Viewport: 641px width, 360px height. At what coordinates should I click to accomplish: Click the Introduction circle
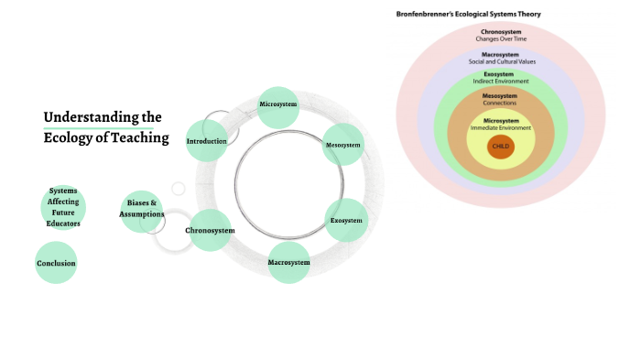206,141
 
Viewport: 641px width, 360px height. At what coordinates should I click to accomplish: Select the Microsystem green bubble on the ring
278,105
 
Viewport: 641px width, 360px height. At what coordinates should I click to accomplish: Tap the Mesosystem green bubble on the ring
343,145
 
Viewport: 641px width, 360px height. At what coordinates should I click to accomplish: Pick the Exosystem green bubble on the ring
347,221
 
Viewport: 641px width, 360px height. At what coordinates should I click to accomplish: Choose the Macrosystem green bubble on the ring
288,263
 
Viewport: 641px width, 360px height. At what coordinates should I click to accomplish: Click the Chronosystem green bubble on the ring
210,230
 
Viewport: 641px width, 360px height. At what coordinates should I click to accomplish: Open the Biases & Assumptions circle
141,210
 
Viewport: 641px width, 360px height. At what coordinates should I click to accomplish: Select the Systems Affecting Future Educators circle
63,207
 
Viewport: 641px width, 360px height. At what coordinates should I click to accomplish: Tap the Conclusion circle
56,263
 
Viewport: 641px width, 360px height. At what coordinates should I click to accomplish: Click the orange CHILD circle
500,146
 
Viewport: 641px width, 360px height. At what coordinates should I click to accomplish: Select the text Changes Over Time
500,38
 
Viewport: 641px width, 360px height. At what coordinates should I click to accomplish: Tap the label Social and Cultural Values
500,61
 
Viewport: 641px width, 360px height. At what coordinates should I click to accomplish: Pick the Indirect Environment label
500,82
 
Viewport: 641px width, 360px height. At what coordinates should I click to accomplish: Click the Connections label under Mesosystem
500,103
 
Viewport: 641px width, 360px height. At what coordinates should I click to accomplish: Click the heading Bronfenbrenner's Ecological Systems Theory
469,14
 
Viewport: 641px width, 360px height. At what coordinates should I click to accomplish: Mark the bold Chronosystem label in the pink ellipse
500,32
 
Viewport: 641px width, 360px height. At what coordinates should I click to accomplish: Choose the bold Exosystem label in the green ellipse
500,74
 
